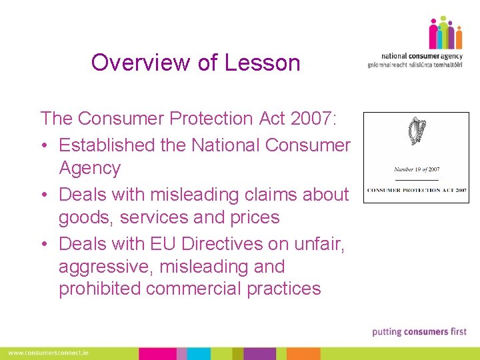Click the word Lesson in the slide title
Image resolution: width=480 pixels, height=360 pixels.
[x=262, y=63]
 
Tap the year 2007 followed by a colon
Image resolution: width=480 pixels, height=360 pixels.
[x=314, y=119]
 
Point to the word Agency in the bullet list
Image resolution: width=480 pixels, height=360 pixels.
[x=89, y=168]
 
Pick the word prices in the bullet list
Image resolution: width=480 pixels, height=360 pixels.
[x=250, y=217]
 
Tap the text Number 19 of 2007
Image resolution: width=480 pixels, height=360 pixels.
[x=417, y=169]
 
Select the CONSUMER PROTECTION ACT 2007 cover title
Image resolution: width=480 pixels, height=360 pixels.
[x=416, y=190]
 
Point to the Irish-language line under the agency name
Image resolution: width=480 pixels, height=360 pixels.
[x=415, y=65]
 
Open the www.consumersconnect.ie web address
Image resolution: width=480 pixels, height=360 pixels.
[x=48, y=353]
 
